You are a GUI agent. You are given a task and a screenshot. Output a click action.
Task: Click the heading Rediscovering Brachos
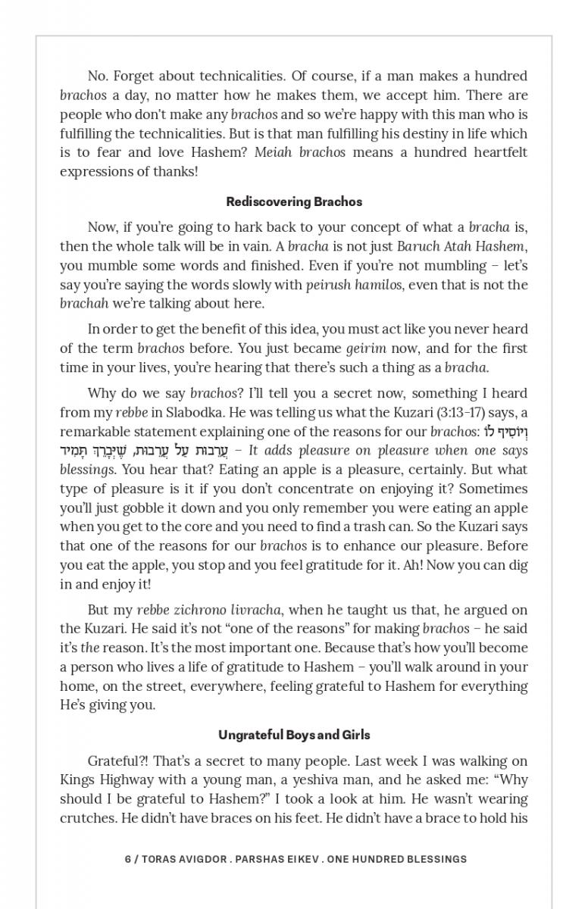[294, 201]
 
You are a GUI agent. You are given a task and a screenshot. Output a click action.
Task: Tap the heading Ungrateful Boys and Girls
[294, 735]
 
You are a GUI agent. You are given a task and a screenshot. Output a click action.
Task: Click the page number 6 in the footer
[127, 859]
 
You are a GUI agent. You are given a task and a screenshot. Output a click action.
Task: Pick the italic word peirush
[327, 285]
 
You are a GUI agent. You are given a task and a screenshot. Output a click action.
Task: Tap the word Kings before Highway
[77, 780]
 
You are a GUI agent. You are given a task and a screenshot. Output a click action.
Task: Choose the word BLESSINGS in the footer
[433, 859]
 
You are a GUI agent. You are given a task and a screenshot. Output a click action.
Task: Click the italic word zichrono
[197, 610]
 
